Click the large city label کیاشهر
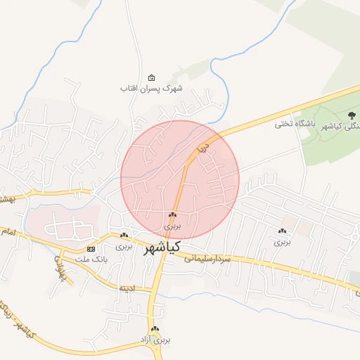(x=162, y=247)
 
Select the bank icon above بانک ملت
(x=91, y=250)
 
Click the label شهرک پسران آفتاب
(x=151, y=89)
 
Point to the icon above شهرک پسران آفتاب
(x=152, y=78)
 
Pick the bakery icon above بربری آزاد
(x=155, y=329)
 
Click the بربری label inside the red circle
(x=172, y=226)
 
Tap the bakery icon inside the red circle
(x=172, y=215)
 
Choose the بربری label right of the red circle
(x=282, y=242)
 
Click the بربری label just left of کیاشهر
(x=124, y=247)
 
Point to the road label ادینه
(x=127, y=288)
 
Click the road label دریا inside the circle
(x=203, y=149)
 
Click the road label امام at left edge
(x=6, y=231)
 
